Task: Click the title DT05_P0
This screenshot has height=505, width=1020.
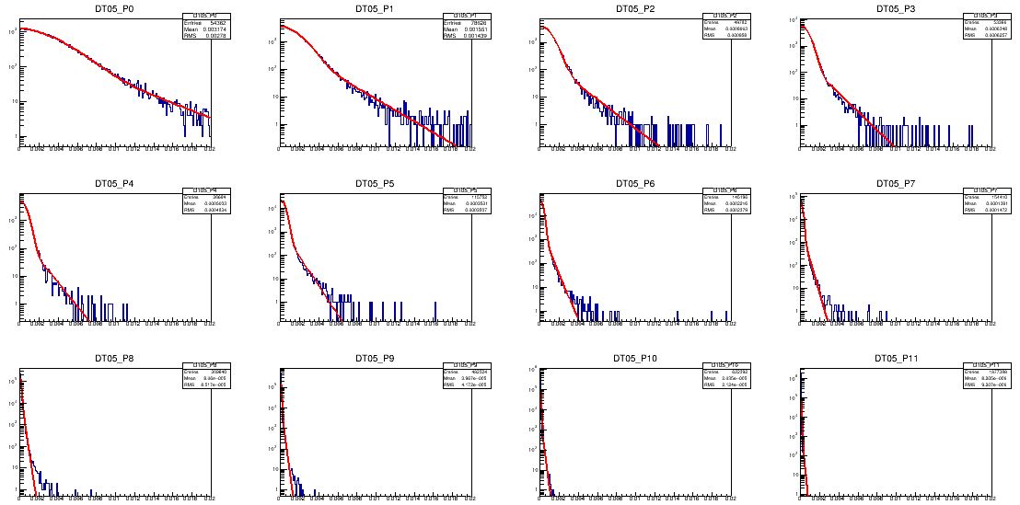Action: [x=115, y=8]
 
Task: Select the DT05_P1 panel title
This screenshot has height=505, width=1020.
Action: [x=376, y=8]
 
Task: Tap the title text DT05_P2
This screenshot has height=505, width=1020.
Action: [x=636, y=8]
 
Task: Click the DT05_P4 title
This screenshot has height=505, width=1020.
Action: [x=115, y=183]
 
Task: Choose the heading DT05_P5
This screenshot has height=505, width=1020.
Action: [x=376, y=183]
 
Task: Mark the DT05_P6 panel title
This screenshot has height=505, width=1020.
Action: [x=636, y=183]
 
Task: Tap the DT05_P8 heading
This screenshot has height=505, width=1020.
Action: [x=115, y=358]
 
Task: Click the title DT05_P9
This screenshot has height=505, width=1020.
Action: [x=376, y=358]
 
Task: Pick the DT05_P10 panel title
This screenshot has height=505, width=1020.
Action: [x=636, y=358]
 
